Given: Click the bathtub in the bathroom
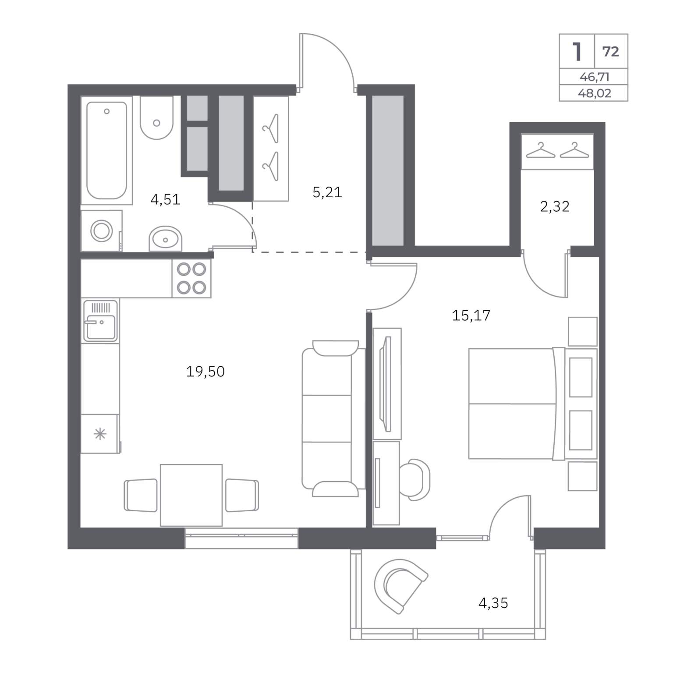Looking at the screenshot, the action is coord(106,150).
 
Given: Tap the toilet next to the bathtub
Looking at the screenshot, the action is coord(156,118).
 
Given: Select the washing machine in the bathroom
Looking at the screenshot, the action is coord(101,230).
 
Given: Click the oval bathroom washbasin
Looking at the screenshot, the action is coord(165,239).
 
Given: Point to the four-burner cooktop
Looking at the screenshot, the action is coord(191,278).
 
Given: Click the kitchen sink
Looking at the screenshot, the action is coord(100,321).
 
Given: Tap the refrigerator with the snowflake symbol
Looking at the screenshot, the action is coord(100,434).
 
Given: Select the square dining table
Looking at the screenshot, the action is coord(191,495).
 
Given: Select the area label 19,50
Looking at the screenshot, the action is coord(205,372).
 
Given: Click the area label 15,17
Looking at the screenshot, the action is coord(471,315).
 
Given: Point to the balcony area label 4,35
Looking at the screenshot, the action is coord(493,603).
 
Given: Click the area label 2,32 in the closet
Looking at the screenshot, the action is coord(555,206).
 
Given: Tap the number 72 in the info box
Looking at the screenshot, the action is coord(611,52).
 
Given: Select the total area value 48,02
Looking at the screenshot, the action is coord(595,93).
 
